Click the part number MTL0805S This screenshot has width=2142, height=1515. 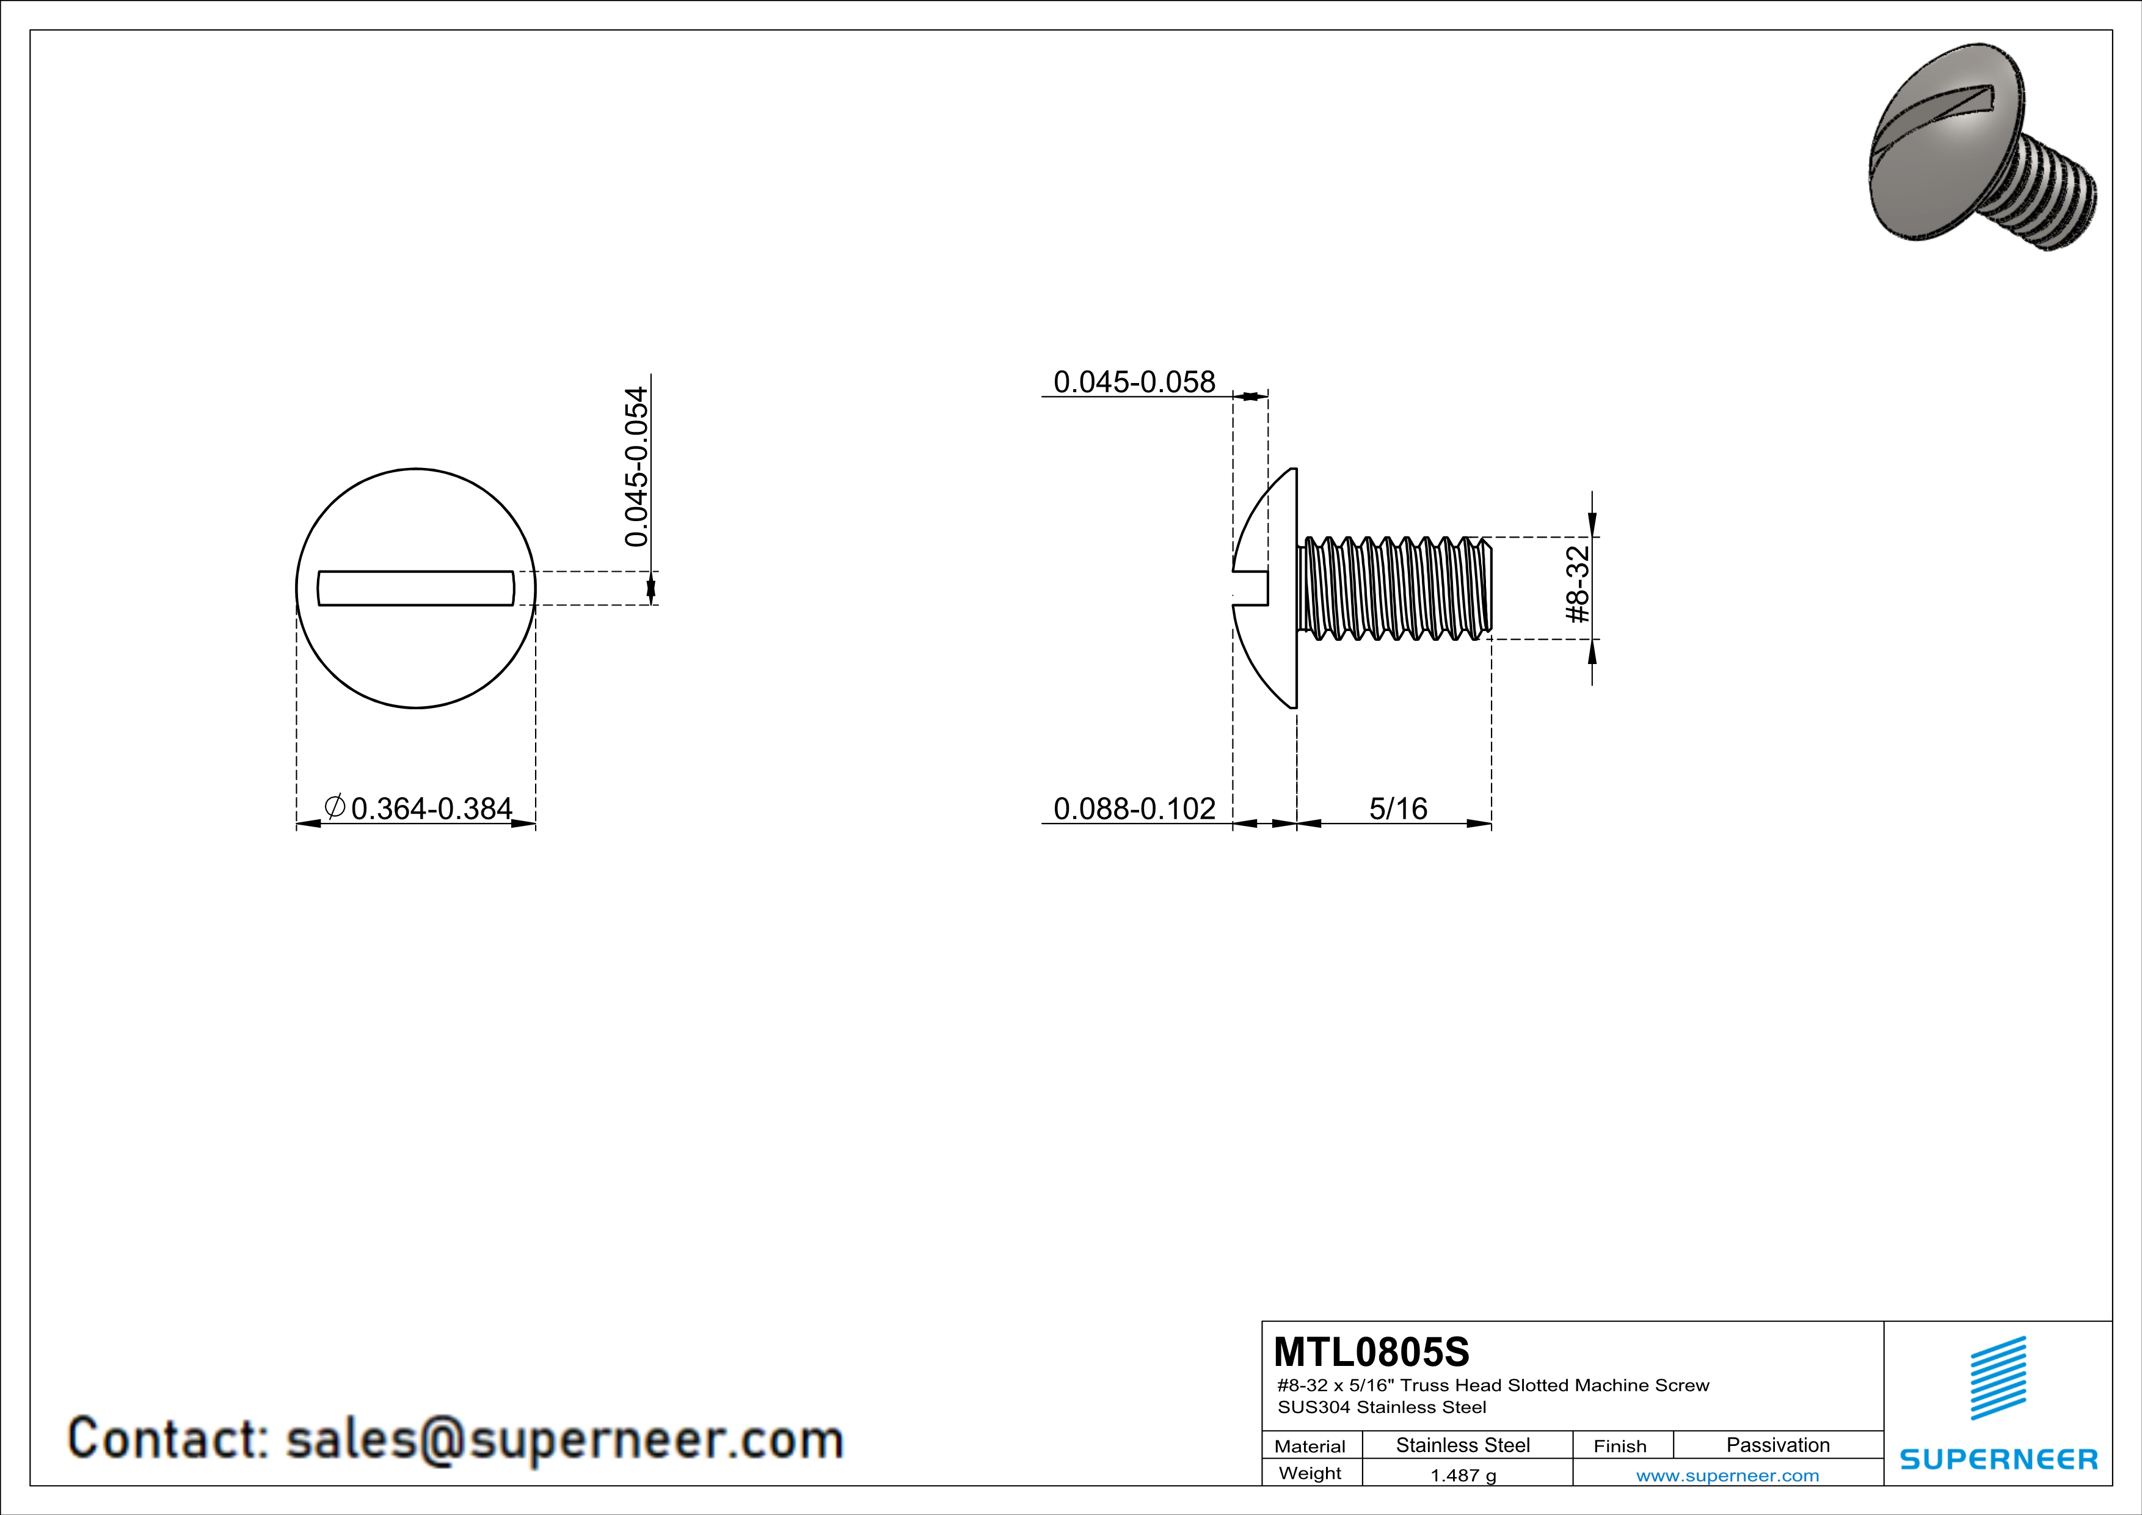coord(1371,1352)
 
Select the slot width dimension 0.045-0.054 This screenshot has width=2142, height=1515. coord(637,467)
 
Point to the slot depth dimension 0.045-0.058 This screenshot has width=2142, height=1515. coord(1134,382)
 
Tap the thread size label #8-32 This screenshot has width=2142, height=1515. coord(1576,585)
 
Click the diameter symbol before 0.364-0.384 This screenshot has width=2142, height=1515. coord(334,805)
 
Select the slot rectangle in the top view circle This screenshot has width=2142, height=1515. coord(416,588)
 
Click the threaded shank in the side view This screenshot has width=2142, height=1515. coord(1394,588)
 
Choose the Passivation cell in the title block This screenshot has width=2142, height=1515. coord(1777,1445)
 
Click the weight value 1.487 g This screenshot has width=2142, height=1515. coord(1463,1475)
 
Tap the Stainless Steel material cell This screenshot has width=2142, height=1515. coord(1463,1445)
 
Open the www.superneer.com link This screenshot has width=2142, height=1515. coord(1727,1475)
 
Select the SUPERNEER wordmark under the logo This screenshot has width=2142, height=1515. coord(1998,1458)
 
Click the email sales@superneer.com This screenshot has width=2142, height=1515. coord(564,1439)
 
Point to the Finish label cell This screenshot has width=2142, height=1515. coord(1620,1446)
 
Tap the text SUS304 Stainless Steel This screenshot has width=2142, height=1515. coord(1382,1407)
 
